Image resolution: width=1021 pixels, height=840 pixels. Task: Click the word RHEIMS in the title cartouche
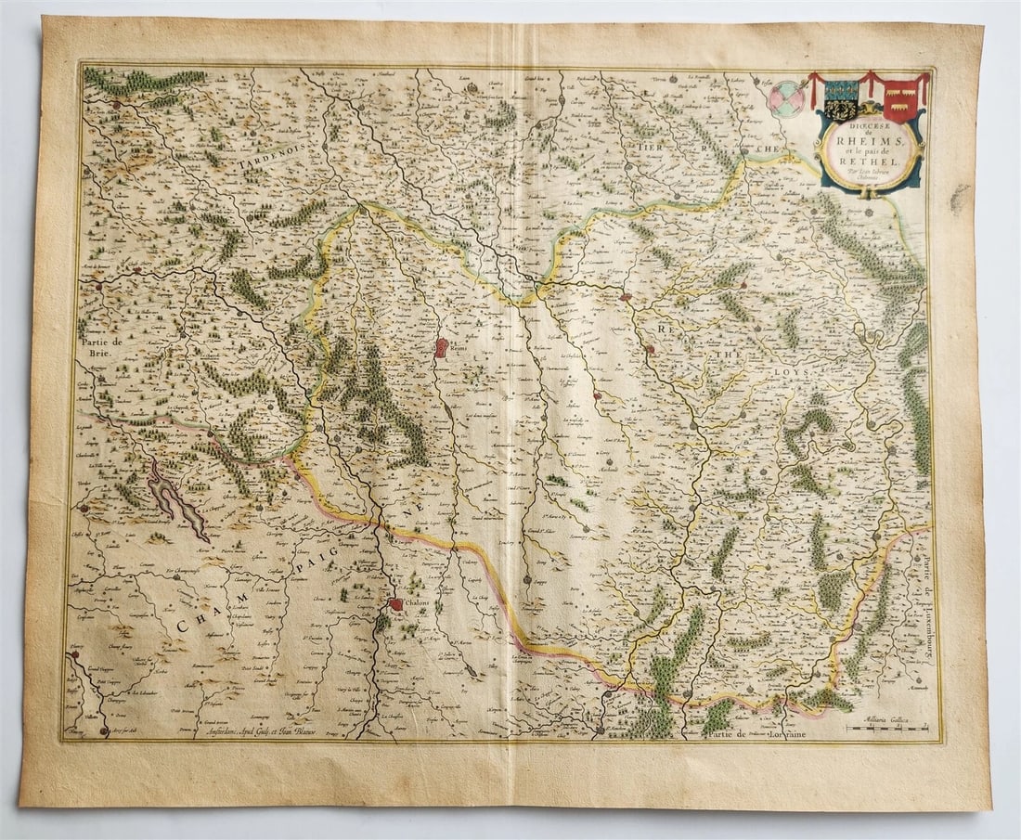tap(869, 142)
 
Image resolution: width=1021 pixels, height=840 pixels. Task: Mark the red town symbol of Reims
tap(442, 348)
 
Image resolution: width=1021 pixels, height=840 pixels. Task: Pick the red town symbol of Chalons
tap(395, 604)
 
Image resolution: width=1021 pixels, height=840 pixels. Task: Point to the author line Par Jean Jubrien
tap(869, 177)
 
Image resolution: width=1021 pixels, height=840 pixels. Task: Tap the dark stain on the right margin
tap(960, 196)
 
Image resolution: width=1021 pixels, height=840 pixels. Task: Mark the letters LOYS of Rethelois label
tap(795, 372)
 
